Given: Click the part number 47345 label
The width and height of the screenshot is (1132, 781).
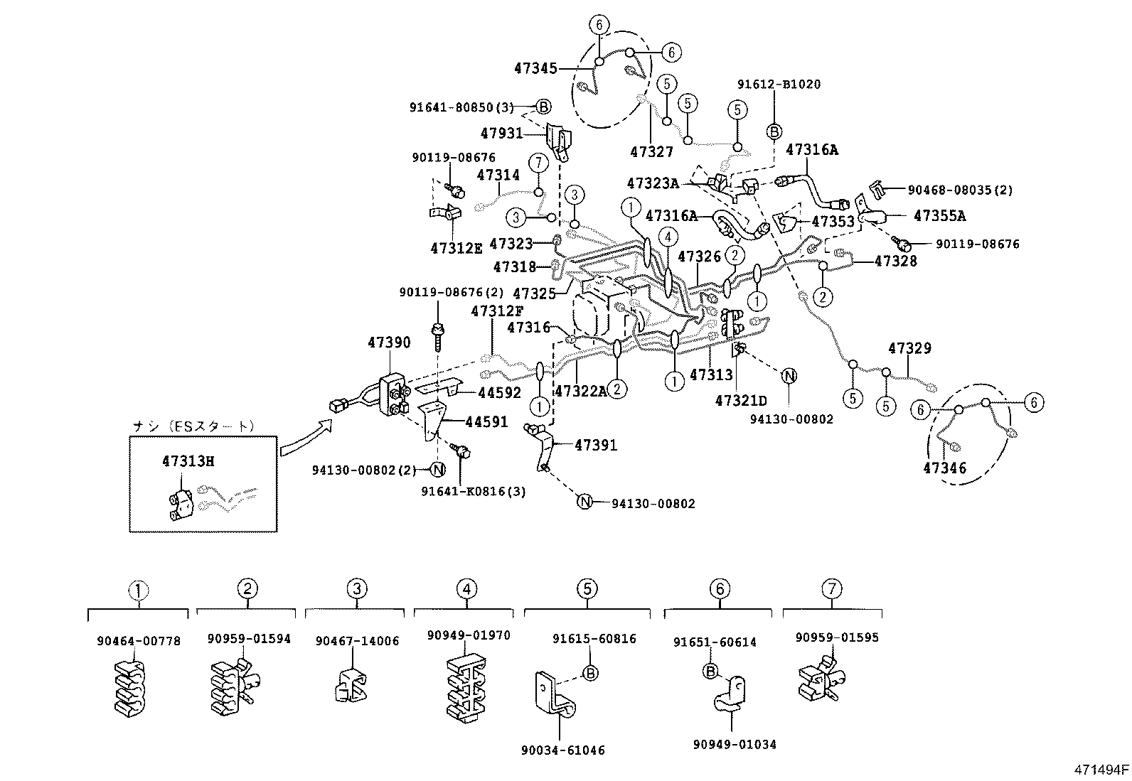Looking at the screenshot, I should [535, 68].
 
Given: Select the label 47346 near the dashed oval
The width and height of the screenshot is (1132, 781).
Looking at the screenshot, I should [944, 468].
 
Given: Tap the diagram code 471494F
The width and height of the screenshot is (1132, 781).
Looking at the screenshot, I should [1101, 769].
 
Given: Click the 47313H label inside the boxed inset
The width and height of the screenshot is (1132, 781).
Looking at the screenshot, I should [188, 460].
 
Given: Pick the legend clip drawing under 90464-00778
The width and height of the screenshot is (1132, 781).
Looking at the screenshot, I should [129, 686].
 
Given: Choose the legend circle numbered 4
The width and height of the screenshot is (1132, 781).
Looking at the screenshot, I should [466, 589].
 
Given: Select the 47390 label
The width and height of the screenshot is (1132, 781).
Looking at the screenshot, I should [389, 343].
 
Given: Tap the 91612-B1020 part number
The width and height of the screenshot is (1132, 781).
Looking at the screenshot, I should [779, 84].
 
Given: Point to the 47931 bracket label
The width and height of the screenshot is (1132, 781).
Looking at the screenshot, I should [501, 133].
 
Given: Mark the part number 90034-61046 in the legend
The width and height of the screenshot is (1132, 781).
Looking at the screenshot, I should [562, 750].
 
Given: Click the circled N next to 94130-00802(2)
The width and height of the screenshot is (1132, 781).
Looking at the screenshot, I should [438, 469].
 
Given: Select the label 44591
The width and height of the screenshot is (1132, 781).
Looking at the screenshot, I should [486, 422].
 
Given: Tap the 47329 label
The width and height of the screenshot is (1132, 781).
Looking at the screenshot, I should [909, 349].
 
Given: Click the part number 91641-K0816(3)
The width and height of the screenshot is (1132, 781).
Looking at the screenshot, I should [473, 491].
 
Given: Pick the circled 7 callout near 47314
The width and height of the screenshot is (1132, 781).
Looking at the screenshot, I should [538, 163].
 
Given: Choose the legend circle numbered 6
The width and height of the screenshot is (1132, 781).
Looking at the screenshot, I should [720, 589].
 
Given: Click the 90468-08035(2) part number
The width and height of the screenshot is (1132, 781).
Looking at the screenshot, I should [960, 190].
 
